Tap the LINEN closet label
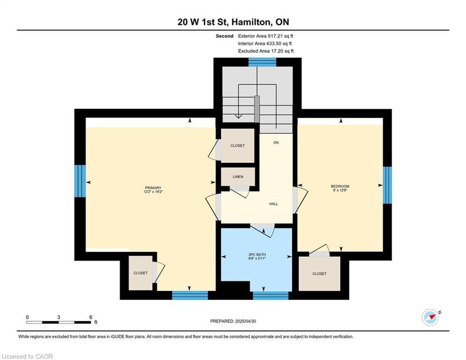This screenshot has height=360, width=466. click(x=237, y=177)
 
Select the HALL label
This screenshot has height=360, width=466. click(x=274, y=204)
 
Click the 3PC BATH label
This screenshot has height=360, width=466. click(x=257, y=256)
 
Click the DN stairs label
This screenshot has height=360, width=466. click(x=276, y=142)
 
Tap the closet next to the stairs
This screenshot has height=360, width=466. click(x=237, y=146)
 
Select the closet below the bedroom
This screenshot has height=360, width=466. click(x=319, y=273)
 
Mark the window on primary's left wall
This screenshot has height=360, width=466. click(x=80, y=182)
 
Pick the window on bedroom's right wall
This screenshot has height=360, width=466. click(x=387, y=185)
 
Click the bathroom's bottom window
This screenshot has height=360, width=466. click(x=271, y=295)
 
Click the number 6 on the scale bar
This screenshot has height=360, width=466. click(x=90, y=317)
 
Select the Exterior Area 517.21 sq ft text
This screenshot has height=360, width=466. click(x=266, y=36)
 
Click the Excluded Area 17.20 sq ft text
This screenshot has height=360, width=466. click(x=266, y=51)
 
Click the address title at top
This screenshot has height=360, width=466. click(x=233, y=22)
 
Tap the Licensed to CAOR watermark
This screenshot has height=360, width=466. click(x=27, y=356)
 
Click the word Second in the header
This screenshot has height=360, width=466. click(x=224, y=36)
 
